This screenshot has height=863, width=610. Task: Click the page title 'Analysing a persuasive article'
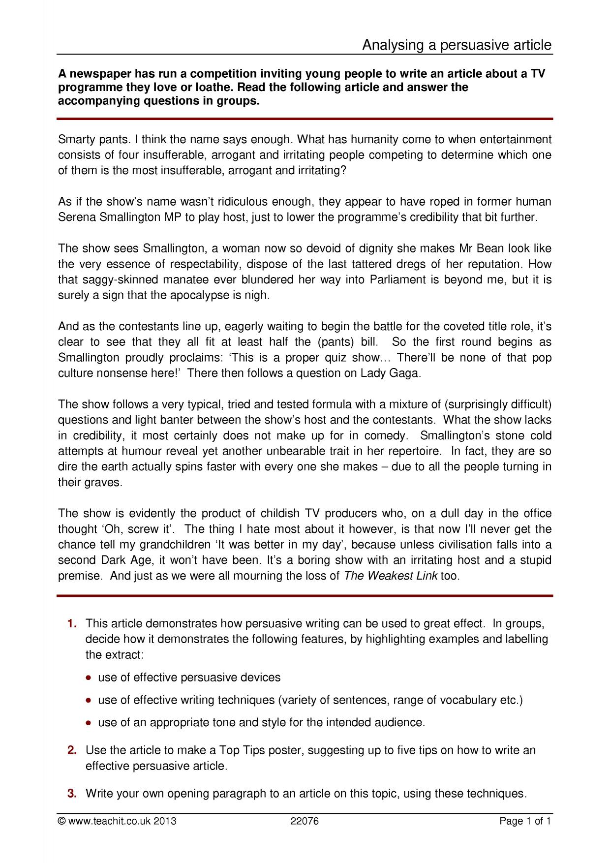(x=457, y=45)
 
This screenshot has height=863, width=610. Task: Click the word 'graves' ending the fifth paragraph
(x=104, y=482)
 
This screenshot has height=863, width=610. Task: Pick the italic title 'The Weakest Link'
(x=391, y=576)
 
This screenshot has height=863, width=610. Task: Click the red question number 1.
(x=72, y=624)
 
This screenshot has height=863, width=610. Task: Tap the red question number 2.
(x=72, y=750)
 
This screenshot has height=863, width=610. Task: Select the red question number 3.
(x=72, y=794)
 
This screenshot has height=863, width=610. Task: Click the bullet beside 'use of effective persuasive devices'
(x=88, y=678)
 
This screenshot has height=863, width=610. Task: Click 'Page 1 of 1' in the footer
(x=525, y=821)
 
